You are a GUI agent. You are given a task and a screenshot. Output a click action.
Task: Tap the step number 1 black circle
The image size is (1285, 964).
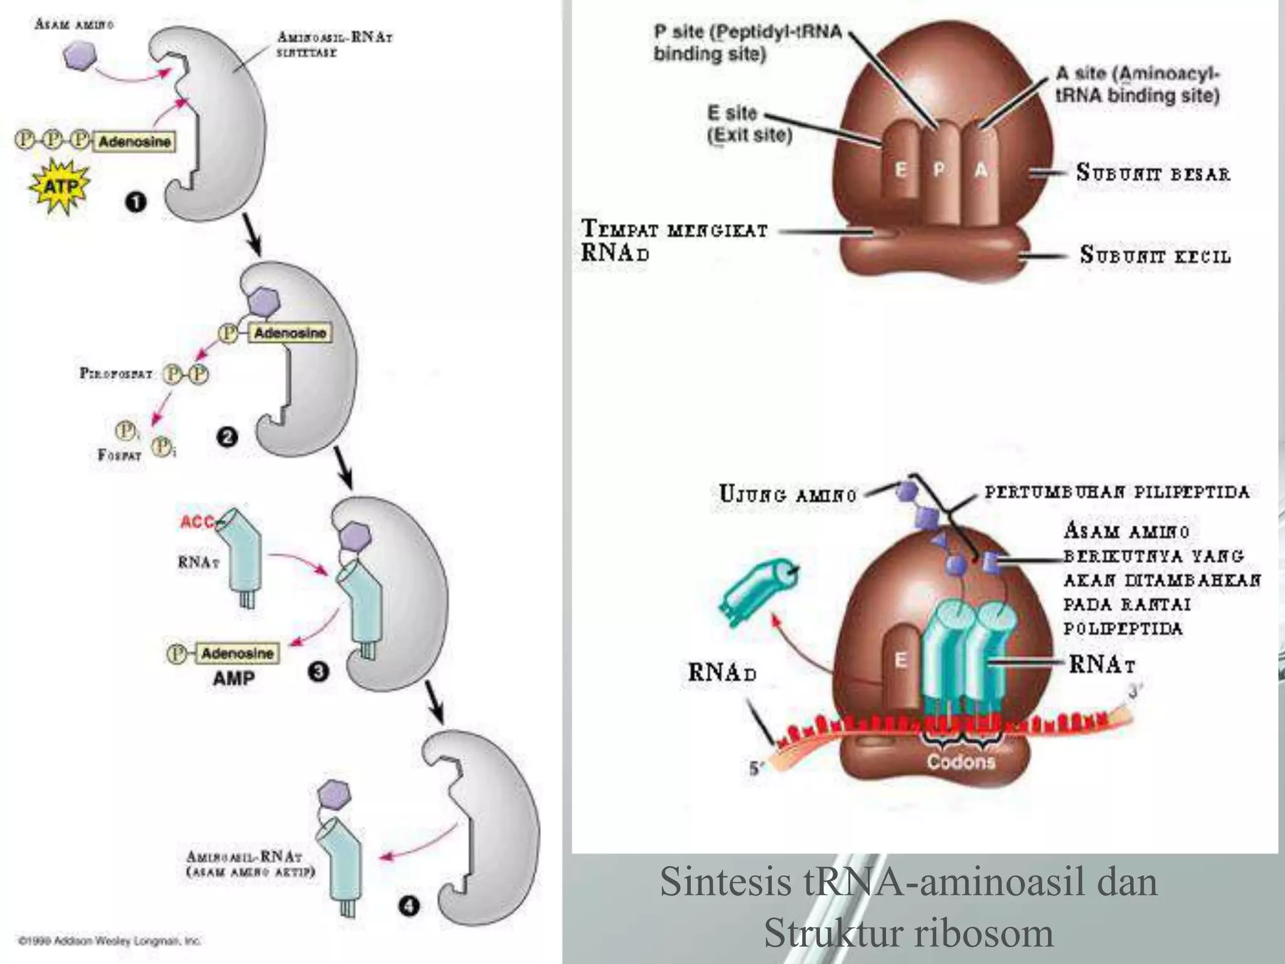[136, 202]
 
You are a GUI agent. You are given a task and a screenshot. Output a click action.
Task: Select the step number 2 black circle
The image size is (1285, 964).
[227, 437]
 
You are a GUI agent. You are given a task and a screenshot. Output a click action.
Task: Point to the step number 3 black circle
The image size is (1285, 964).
[318, 672]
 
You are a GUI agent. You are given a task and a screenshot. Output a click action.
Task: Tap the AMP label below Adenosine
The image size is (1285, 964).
[233, 678]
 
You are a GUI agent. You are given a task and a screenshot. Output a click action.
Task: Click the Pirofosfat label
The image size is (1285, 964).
[116, 374]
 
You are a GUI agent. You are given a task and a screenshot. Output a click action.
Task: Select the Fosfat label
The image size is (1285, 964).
[119, 454]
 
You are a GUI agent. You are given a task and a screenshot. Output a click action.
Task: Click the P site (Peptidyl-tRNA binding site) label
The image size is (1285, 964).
[747, 43]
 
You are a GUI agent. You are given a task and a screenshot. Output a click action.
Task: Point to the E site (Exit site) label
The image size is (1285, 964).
[749, 124]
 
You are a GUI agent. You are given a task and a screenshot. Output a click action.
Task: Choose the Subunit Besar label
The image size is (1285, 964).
[1153, 173]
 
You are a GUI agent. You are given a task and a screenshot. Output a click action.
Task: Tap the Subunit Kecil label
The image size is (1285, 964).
[1155, 255]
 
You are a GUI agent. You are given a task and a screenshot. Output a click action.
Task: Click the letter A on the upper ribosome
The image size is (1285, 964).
[981, 169]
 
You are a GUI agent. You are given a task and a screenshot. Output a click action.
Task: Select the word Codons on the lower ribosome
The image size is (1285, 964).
[961, 762]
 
